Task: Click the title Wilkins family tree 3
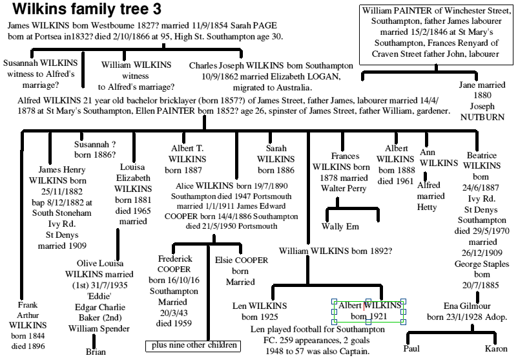point(87,10)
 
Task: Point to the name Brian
point(95,352)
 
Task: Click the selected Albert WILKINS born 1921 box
point(368,311)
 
